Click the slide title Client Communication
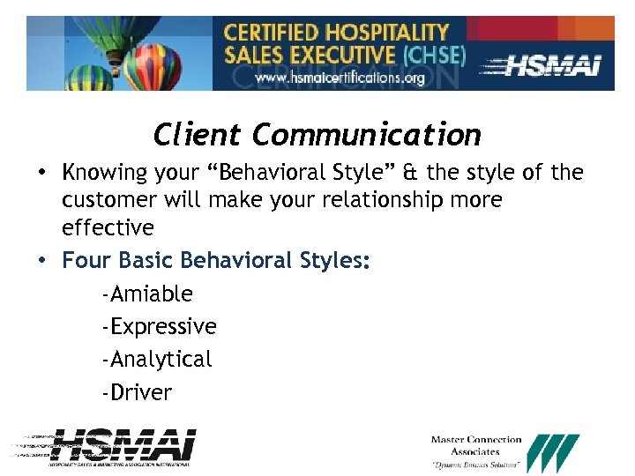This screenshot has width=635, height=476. pos(317,135)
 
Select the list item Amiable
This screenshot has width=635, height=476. pos(147,294)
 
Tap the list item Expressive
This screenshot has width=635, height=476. pos(160,326)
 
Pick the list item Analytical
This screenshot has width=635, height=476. pos(157,360)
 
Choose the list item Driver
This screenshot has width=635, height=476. pos(138,392)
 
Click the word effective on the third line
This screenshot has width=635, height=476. pos(108,228)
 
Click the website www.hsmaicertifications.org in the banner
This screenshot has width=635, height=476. pos(340,78)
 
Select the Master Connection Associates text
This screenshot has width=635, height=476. pos(476,445)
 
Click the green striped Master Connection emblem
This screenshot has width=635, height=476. pos(554,452)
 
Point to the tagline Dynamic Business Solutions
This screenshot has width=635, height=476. pos(476,465)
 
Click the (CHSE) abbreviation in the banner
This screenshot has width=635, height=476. pos(433,56)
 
